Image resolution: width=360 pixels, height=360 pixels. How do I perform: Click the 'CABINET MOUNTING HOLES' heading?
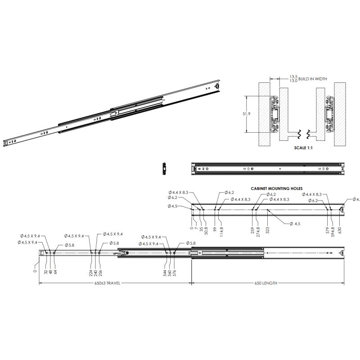(x=276, y=189)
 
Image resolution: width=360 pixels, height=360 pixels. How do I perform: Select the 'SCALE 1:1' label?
(x=303, y=148)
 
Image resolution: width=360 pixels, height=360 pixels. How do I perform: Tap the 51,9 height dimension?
(x=246, y=114)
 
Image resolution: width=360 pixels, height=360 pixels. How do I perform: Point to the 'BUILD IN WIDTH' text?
(x=312, y=79)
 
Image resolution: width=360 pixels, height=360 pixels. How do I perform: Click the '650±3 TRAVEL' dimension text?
(x=107, y=283)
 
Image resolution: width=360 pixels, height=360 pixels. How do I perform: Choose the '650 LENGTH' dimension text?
(x=265, y=283)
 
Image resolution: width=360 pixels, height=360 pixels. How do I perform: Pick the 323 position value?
(x=267, y=230)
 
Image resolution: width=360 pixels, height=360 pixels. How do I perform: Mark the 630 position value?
(x=340, y=230)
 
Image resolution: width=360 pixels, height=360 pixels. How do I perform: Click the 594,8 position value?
(x=333, y=231)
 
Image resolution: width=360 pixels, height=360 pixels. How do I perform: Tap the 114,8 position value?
(x=221, y=231)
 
